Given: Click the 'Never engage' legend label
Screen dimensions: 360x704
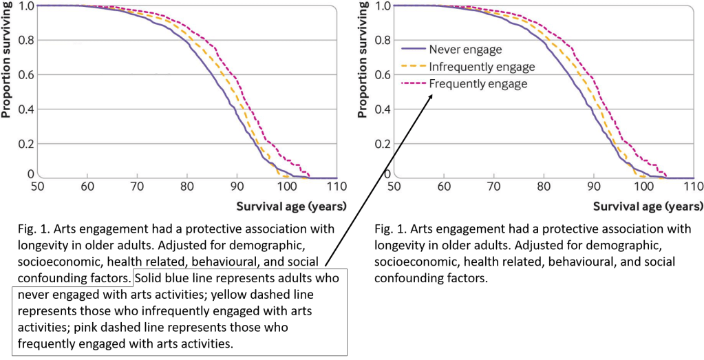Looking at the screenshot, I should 465,50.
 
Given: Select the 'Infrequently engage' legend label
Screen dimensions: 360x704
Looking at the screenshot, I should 481,67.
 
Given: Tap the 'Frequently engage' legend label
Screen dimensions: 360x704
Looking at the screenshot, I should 478,84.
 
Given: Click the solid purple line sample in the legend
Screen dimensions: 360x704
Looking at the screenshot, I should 412,50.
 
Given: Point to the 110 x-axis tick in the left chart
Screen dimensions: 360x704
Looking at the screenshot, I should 337,186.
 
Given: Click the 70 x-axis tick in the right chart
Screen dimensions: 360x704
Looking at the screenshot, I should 493,186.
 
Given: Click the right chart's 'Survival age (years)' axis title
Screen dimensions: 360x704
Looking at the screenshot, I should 648,206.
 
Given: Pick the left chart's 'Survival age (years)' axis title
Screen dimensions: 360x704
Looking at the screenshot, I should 292,206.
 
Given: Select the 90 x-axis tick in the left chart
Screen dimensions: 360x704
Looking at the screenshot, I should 237,186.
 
